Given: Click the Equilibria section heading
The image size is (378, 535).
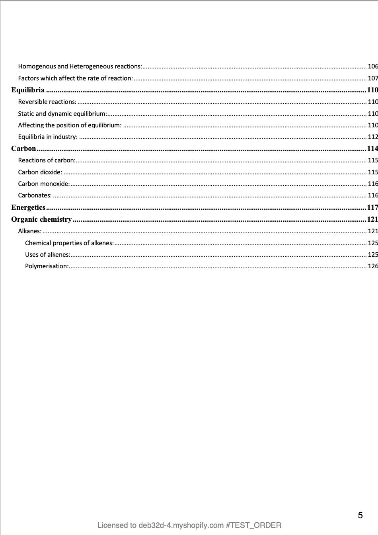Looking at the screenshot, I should pyautogui.click(x=28, y=90).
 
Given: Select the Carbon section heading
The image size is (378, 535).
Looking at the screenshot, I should pyautogui.click(x=23, y=148).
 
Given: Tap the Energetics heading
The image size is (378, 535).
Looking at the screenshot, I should pyautogui.click(x=28, y=207).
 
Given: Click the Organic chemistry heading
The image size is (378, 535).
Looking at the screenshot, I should pyautogui.click(x=41, y=219).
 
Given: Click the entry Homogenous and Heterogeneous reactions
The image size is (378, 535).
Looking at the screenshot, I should pyautogui.click(x=80, y=66).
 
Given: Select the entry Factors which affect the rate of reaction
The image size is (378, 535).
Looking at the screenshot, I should pyautogui.click(x=76, y=78).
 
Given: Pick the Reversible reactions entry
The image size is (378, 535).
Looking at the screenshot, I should pyautogui.click(x=47, y=102).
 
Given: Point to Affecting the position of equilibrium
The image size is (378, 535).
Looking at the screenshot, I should pyautogui.click(x=70, y=125).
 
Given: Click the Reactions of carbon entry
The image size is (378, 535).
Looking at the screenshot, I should pyautogui.click(x=47, y=160).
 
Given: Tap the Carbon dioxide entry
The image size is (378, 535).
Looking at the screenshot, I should pyautogui.click(x=40, y=172).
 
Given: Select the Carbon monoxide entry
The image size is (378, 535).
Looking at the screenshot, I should pyautogui.click(x=44, y=184).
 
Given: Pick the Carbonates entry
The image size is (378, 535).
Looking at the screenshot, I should pyautogui.click(x=35, y=195).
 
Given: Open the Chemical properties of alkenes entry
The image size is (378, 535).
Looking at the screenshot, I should pyautogui.click(x=70, y=243).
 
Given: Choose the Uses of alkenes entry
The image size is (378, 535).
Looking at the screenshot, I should pyautogui.click(x=48, y=254).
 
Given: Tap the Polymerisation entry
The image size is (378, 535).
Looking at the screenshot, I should pyautogui.click(x=47, y=266).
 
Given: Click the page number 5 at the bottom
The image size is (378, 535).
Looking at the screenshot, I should pyautogui.click(x=360, y=515).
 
